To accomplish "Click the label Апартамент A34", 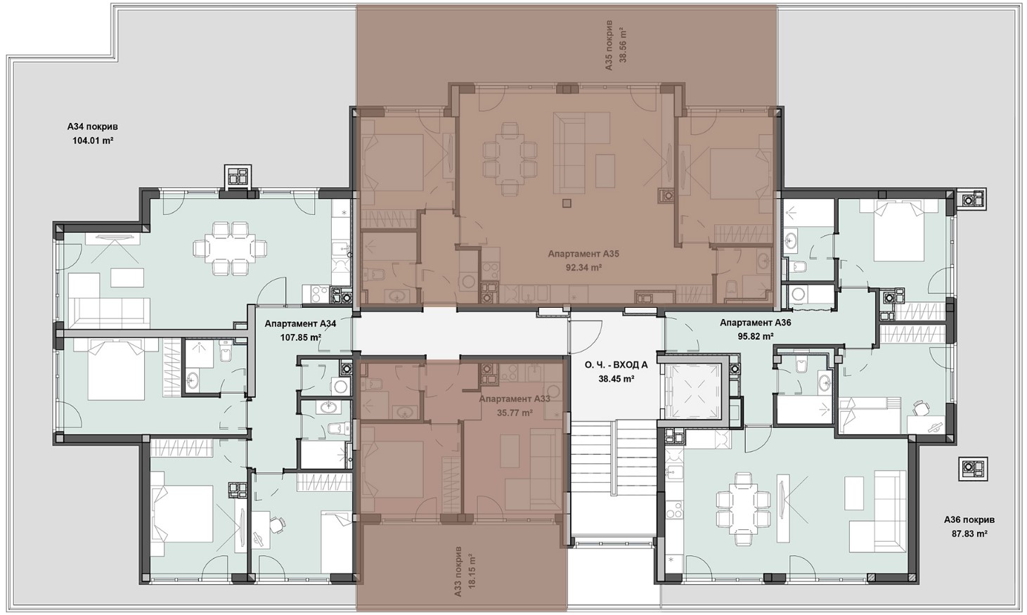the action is point(300,323).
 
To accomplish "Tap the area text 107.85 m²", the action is point(300,337).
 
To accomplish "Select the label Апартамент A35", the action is point(583,254).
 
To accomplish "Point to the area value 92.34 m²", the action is point(583,268).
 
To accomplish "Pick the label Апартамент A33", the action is point(515,399).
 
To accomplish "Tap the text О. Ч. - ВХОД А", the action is point(616,365).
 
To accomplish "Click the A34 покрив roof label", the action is point(96,127).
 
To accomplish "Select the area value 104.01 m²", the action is point(93,141).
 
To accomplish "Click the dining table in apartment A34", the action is point(231,249).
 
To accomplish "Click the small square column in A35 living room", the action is point(568,203).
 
